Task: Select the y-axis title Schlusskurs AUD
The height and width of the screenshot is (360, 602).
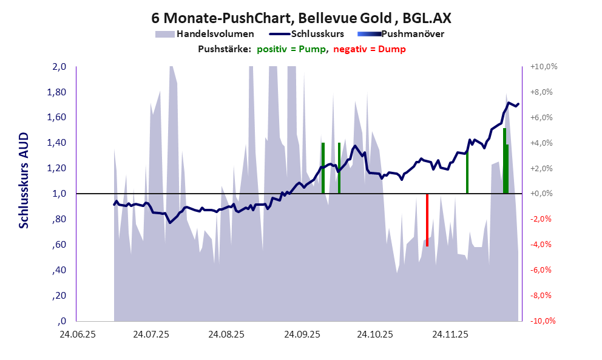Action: tap(24, 180)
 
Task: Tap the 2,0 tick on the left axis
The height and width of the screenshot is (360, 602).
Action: tap(58, 67)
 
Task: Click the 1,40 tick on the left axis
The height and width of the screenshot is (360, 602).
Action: tap(57, 143)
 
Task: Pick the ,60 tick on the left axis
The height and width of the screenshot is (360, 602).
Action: tap(59, 245)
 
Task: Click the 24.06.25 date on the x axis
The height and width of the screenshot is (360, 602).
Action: tap(76, 335)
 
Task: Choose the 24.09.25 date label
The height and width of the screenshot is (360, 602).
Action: tap(301, 335)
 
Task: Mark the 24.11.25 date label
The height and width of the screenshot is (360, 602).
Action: tap(450, 335)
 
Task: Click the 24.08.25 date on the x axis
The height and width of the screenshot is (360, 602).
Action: tap(226, 335)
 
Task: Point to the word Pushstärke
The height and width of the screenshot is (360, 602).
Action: tap(225, 49)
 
